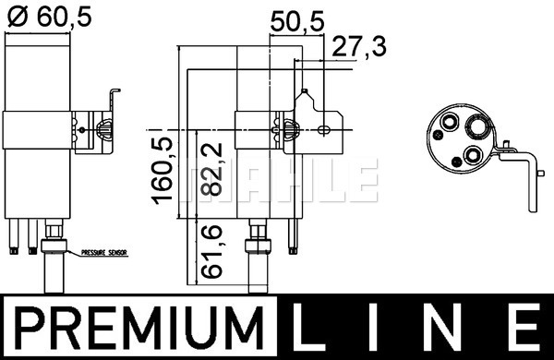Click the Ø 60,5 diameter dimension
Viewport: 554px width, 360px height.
49,17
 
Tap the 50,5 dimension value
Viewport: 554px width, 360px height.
297,21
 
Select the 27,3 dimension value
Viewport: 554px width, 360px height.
359,46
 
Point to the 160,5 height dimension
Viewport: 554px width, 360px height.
163,171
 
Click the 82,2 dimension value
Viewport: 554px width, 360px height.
211,169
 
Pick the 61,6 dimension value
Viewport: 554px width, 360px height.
211,252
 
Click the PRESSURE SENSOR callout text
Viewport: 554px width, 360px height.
103,253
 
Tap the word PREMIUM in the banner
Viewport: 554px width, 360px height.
140,328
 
